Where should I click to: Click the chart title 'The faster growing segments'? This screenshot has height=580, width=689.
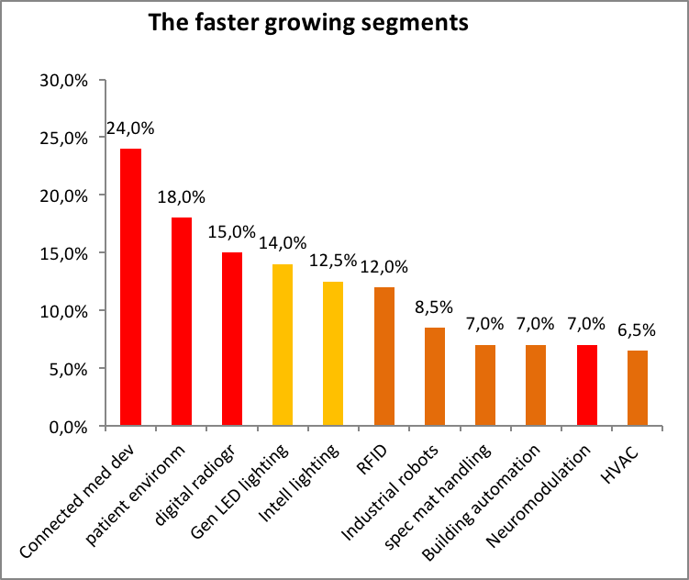[308, 23]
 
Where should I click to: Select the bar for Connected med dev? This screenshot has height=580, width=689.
[131, 287]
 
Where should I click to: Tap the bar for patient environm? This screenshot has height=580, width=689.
[182, 321]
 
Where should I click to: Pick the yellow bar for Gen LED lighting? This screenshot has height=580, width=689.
[283, 344]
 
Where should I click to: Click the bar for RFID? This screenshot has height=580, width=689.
[384, 356]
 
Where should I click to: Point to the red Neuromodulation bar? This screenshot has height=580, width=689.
[587, 385]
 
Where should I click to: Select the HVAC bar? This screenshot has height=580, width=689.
[638, 388]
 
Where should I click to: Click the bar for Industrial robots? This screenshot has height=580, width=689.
[435, 376]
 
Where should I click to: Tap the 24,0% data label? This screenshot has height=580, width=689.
[130, 128]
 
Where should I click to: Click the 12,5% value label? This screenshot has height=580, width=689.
[333, 261]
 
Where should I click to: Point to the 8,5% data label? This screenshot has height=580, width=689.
[434, 307]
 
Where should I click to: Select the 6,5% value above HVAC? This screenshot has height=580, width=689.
[637, 330]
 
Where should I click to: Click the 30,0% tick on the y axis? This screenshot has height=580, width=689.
[64, 81]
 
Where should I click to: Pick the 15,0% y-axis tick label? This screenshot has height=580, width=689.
[64, 254]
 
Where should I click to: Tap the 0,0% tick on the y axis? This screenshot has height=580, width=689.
[69, 427]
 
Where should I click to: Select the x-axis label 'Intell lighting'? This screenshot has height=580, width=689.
[299, 483]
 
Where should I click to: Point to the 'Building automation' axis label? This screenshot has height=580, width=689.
[481, 502]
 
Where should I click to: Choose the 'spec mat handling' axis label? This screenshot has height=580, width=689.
[438, 496]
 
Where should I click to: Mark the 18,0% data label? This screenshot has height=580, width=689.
[181, 197]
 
